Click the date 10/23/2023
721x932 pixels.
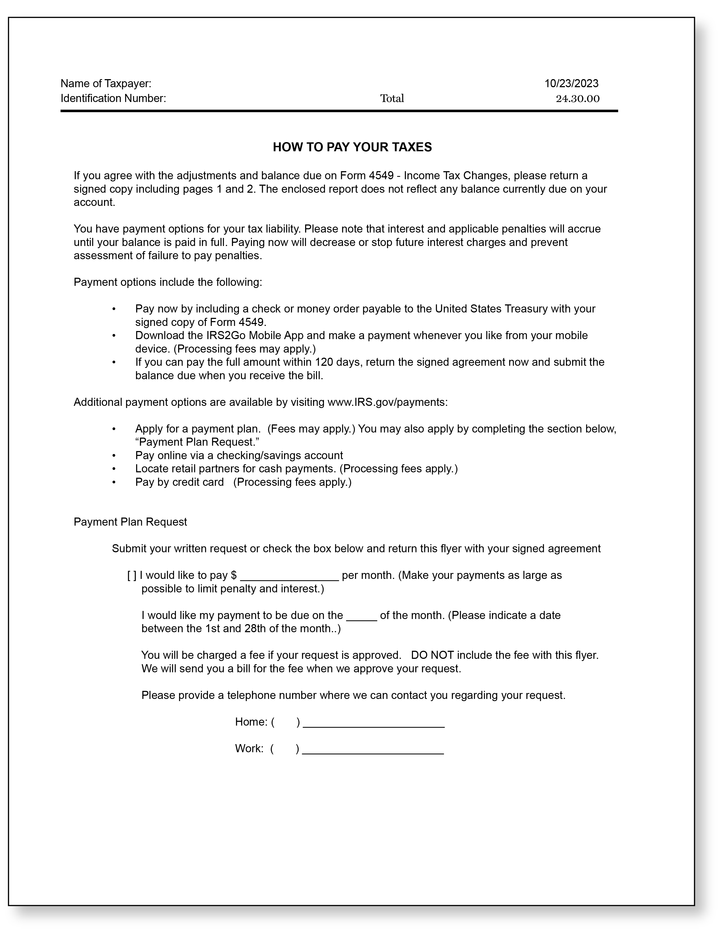coord(571,83)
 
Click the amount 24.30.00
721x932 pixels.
coord(577,99)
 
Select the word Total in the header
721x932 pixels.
coord(392,99)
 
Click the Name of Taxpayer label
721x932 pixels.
coord(106,83)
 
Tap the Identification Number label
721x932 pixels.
coord(113,99)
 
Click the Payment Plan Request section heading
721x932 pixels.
coord(130,522)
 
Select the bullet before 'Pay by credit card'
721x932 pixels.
coord(114,482)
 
